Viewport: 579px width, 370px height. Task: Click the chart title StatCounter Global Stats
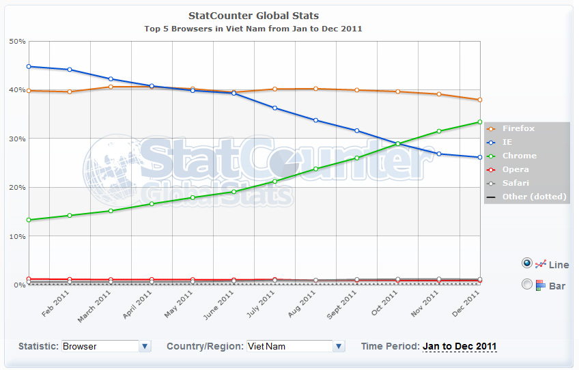click(x=253, y=16)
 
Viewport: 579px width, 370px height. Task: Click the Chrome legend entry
click(x=520, y=156)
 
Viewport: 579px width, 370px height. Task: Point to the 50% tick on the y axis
click(x=18, y=42)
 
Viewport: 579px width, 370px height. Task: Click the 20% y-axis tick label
click(x=18, y=187)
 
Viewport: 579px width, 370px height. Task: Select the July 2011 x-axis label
click(x=262, y=304)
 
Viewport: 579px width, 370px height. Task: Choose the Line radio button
click(x=526, y=263)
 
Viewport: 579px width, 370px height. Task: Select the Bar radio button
click(x=526, y=284)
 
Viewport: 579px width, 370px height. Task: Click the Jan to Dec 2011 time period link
click(x=460, y=346)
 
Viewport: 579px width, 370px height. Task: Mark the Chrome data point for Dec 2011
click(x=480, y=122)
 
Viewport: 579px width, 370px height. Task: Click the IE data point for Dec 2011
click(x=480, y=158)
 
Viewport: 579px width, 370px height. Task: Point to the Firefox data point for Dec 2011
click(x=480, y=100)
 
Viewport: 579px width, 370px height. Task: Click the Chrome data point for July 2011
click(x=274, y=181)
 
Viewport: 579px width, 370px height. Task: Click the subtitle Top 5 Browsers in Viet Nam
click(x=253, y=29)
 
